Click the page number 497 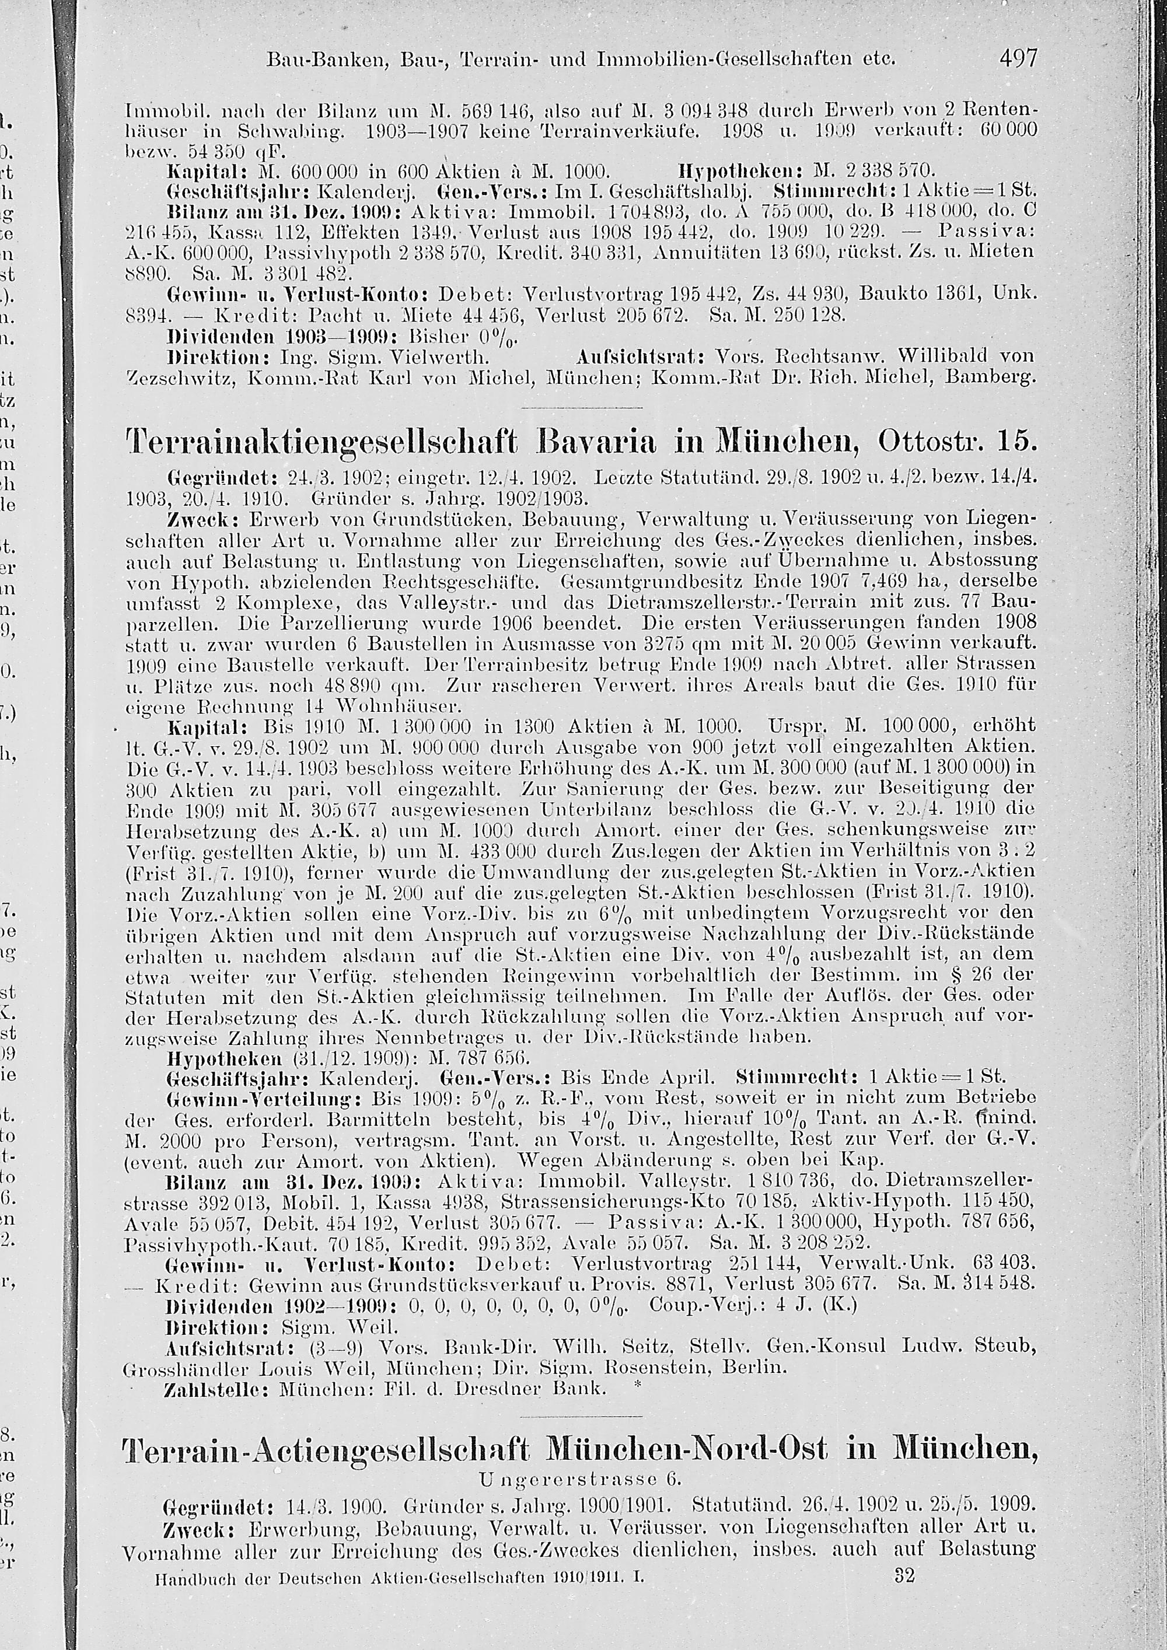coord(1018,58)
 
